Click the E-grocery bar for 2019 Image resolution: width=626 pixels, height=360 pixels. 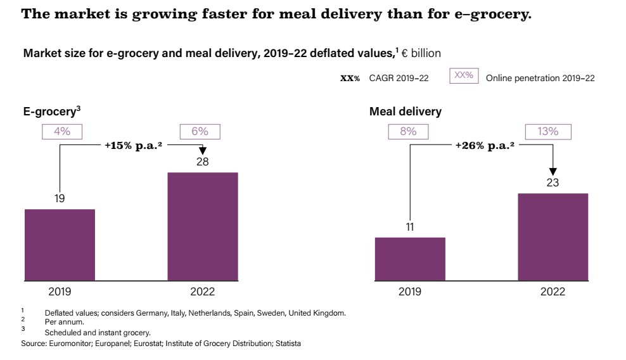tap(60, 245)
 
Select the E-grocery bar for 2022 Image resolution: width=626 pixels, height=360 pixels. tap(203, 226)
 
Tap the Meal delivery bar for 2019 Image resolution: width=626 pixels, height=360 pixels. tap(410, 259)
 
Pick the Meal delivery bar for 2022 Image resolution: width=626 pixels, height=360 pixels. tap(553, 236)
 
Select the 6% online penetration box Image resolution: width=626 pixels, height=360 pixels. tap(200, 131)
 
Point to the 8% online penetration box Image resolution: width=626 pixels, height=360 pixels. tap(409, 131)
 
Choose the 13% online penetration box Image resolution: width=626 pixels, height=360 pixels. tap(549, 131)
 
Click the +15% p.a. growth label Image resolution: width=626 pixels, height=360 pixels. tap(131, 145)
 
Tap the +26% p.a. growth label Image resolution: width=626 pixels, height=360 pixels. tap(481, 145)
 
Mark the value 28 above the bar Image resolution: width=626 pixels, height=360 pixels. tap(202, 162)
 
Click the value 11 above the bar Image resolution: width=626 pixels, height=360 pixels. tap(410, 227)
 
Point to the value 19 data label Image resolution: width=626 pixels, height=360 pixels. tap(60, 198)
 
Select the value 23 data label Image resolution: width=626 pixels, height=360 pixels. tap(553, 183)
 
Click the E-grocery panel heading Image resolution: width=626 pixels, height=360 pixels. tap(51, 112)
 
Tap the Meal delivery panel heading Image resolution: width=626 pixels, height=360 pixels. tap(406, 112)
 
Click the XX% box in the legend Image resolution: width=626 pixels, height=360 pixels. tap(464, 76)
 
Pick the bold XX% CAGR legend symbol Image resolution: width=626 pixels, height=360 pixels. tap(350, 78)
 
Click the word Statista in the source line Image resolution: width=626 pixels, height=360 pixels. tap(286, 343)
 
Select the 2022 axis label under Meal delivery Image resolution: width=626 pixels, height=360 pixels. tap(553, 292)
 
